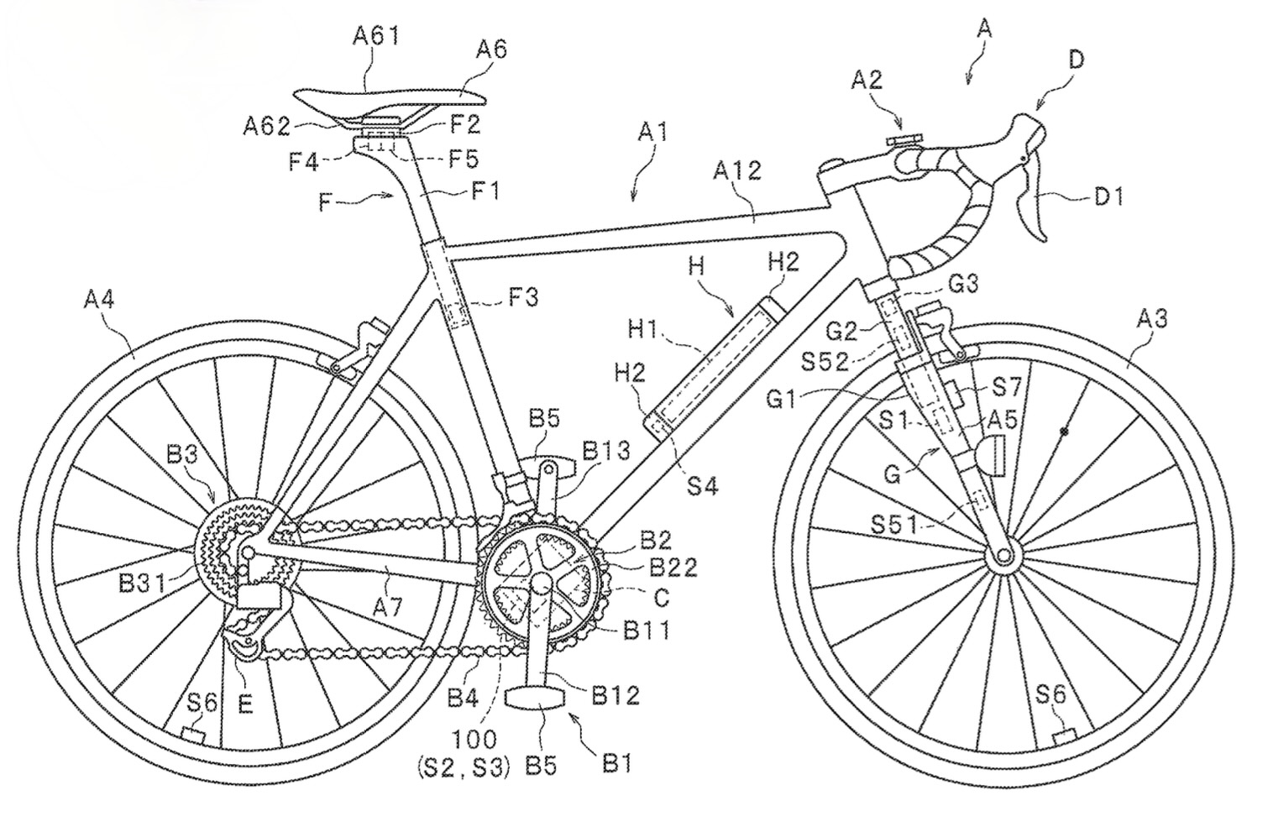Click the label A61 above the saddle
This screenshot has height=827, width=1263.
coord(376,36)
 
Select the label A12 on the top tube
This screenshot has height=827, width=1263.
coord(737,170)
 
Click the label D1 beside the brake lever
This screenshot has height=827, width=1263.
coord(1108,196)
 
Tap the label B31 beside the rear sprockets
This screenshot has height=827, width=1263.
coord(142,584)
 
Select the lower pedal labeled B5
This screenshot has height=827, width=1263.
coord(535,698)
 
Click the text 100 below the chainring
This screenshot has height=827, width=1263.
coord(474,739)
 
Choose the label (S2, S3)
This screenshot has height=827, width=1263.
coord(464,767)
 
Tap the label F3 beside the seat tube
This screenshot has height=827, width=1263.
coord(523,297)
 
